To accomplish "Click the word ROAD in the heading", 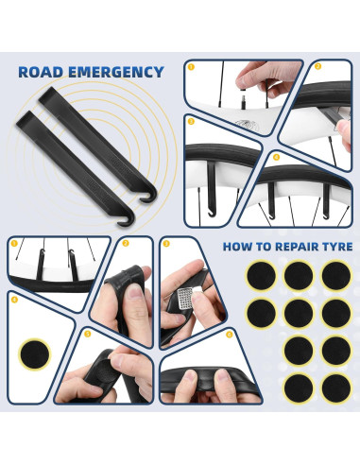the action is [41, 72].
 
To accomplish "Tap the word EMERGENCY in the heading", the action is [116, 72].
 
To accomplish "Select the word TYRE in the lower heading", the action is [337, 247].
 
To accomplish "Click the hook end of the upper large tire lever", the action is [149, 196].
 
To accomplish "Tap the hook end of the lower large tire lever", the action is [127, 220].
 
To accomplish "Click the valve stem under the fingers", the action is [244, 100].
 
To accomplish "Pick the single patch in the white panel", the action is [35, 354].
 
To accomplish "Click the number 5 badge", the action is [87, 334].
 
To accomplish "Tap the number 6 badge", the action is [230, 335].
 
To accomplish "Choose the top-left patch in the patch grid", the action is [261, 275].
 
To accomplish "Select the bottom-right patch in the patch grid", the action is [336, 387].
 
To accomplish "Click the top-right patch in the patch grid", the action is [336, 275].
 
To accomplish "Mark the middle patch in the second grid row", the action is [299, 313].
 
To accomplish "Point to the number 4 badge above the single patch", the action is [14, 300].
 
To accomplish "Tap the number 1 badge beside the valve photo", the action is [191, 67].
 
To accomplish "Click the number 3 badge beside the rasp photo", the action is [166, 244].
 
